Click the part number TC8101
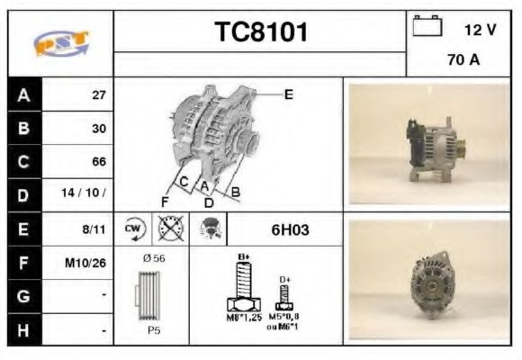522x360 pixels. pos(261,32)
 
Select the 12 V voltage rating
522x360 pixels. pos(480,29)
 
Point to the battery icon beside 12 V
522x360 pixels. pos(427,27)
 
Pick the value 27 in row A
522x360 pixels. pos(98,94)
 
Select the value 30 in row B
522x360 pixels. pos(98,129)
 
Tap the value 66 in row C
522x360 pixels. pos(98,162)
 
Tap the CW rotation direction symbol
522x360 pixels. pos(133,229)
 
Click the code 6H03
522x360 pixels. pos(290,230)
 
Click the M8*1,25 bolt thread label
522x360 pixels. pos(244,317)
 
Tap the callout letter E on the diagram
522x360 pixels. pos(288,94)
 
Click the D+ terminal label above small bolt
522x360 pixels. pos(285,280)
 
